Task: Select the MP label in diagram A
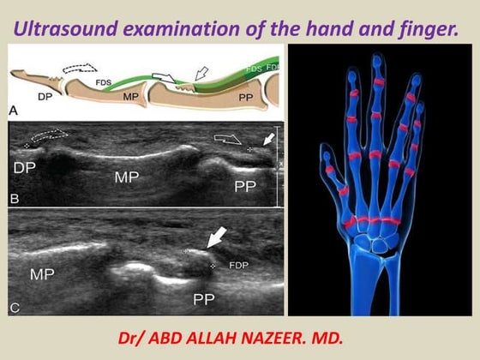130,97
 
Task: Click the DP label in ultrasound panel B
25,170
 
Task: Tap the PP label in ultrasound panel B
245,185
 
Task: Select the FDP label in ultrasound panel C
237,266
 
